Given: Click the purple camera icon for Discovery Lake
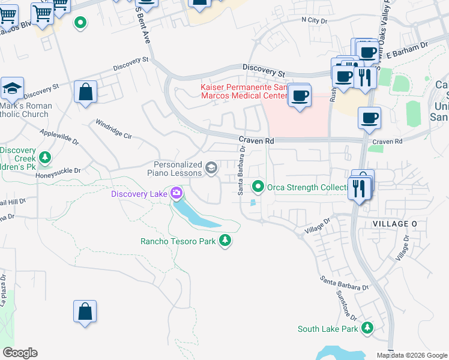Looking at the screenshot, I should [176, 193].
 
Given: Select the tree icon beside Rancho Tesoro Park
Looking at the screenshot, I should [225, 241].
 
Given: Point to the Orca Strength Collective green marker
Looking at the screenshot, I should [258, 187].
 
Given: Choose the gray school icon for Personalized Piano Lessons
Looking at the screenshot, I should [211, 168].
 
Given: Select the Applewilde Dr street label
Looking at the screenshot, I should [59, 136].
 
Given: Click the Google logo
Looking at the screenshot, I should [19, 353].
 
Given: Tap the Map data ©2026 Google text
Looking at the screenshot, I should [412, 355].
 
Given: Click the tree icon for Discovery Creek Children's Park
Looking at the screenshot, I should [44, 157].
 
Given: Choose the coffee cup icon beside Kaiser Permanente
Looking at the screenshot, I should [299, 95].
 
